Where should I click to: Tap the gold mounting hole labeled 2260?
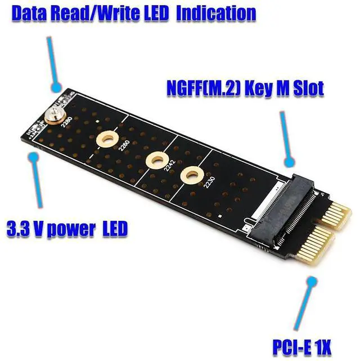pos(106,139)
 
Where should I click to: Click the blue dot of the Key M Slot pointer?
pos(290,163)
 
